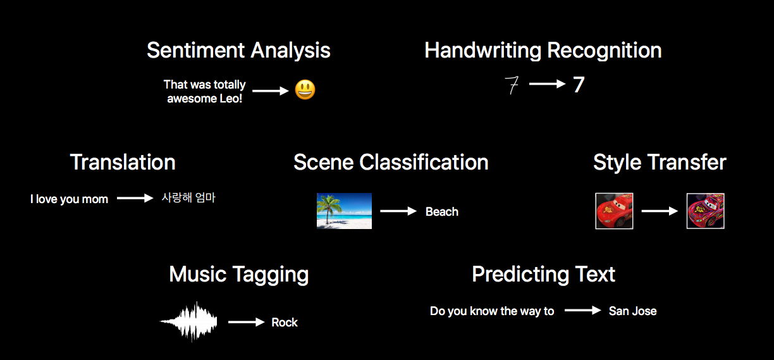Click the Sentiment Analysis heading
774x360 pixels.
[238, 51]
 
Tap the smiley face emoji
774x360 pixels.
[305, 90]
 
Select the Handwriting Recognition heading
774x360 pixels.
[543, 51]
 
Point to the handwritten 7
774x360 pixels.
[512, 85]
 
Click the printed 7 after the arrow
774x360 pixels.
[579, 85]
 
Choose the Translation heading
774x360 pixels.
[123, 162]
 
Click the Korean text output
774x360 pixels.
[188, 198]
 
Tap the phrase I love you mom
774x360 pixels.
[69, 199]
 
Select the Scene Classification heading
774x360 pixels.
[391, 162]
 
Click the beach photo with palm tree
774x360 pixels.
[344, 211]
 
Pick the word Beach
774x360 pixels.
[442, 212]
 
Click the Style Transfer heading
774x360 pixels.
[660, 162]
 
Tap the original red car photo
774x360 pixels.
[615, 211]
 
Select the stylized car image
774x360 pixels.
[706, 211]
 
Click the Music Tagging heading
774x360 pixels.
[239, 275]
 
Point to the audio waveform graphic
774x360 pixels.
[188, 321]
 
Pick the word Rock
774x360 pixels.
[285, 322]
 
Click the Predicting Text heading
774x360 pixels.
[544, 275]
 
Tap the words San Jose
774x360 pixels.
[633, 311]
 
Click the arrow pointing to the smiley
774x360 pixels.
[271, 91]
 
